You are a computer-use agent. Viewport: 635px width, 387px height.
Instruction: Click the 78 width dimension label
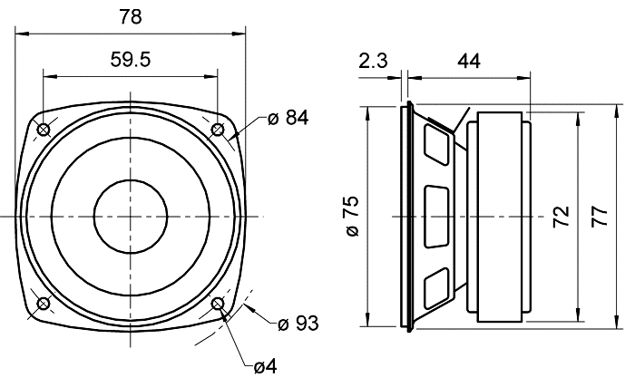[131, 16]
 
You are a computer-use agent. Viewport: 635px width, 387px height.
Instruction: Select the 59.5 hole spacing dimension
[130, 61]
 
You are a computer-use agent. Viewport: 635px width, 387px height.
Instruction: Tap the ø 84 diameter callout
[288, 117]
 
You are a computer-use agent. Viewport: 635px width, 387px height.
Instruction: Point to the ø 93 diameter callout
[298, 323]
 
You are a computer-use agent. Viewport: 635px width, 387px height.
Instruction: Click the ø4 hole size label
[265, 367]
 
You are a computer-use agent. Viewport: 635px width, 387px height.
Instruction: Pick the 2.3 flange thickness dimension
[373, 61]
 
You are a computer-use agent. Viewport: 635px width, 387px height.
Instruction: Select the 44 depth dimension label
[468, 61]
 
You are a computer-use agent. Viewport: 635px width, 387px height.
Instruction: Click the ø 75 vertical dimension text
[352, 217]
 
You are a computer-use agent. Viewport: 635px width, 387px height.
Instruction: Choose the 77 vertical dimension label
[599, 217]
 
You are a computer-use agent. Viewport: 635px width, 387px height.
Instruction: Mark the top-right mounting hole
[218, 130]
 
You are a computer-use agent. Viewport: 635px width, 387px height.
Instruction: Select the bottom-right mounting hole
[218, 304]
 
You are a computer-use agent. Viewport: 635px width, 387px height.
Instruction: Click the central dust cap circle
[131, 217]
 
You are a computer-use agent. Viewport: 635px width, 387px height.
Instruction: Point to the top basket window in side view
[436, 145]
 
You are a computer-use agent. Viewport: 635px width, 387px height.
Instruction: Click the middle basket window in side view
[436, 217]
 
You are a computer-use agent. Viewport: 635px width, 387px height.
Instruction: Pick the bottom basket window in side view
[436, 285]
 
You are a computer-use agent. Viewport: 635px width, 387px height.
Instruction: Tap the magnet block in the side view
[496, 217]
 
